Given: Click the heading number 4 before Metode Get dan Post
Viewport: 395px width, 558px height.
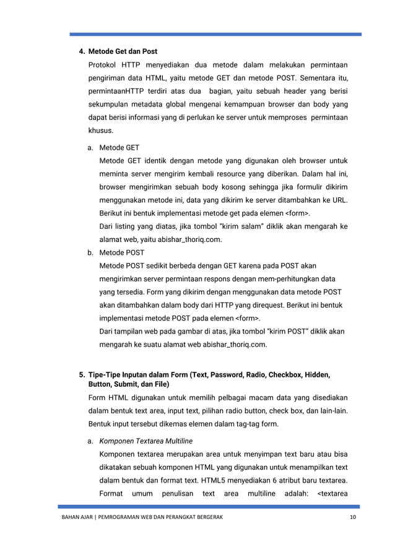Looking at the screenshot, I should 79,50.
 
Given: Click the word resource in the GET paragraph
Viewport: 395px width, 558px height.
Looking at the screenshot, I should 233,174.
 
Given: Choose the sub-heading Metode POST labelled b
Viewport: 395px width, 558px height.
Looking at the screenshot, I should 122,252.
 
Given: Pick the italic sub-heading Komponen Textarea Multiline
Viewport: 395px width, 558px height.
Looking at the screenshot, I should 146,440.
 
